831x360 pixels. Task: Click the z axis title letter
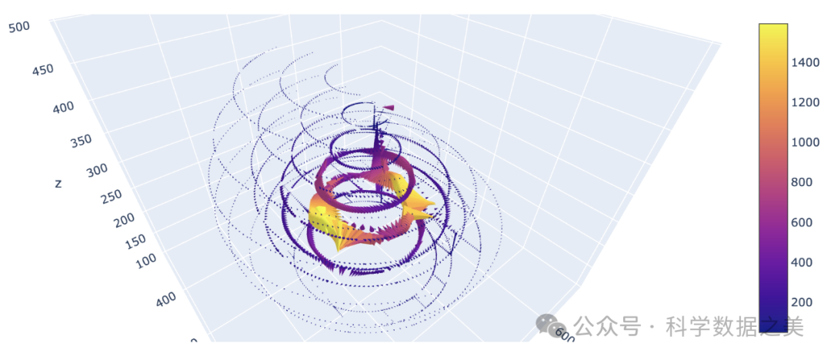point(58,183)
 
